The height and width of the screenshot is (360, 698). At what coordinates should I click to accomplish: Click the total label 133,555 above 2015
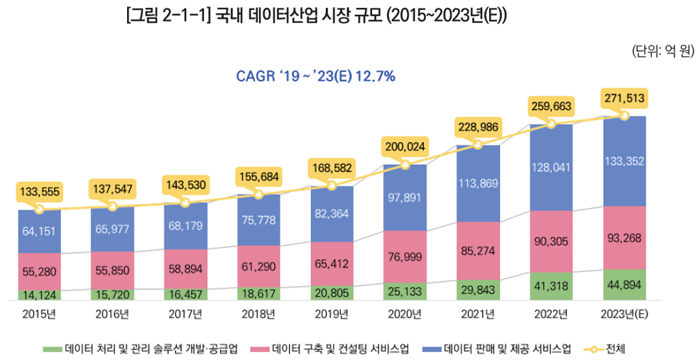[39, 192]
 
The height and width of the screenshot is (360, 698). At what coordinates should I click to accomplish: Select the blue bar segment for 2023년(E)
[624, 161]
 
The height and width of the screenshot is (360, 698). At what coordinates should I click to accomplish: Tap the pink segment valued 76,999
[405, 256]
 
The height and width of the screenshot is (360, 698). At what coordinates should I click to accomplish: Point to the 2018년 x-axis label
[258, 313]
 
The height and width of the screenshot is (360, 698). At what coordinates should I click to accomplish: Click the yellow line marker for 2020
[405, 164]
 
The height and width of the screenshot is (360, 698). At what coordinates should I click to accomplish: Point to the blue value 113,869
[478, 183]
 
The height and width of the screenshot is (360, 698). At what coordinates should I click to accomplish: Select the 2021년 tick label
[478, 313]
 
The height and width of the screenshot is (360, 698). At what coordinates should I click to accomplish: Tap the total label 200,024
[405, 147]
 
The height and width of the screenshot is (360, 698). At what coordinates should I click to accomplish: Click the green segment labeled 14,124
[39, 293]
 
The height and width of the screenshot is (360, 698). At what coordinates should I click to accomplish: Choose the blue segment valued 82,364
[332, 213]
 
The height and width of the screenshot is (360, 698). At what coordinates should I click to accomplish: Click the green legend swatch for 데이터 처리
[53, 349]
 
